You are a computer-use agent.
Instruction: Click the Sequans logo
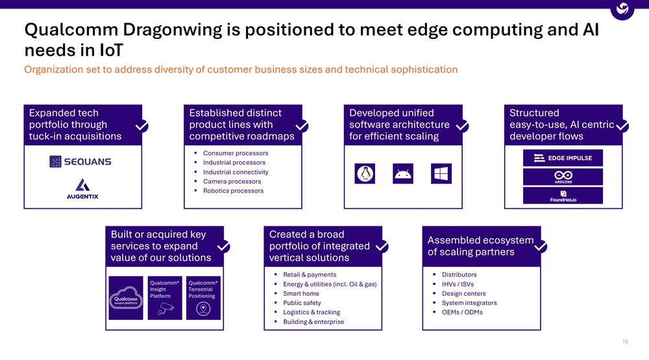click(80, 162)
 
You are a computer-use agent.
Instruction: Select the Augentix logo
click(82, 189)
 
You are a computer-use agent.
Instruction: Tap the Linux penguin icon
click(365, 173)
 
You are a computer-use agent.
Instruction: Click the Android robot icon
click(403, 173)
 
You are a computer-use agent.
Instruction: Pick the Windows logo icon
click(441, 173)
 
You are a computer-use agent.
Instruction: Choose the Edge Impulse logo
click(563, 158)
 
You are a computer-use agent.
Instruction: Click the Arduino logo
click(563, 176)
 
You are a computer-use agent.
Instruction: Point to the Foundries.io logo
click(563, 196)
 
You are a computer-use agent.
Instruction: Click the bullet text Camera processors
click(232, 182)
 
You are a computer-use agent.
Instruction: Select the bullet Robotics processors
click(233, 191)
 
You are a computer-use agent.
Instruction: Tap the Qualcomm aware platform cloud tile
click(127, 298)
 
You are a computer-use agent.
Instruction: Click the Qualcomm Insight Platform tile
click(165, 298)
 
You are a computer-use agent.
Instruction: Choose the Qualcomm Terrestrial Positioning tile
click(203, 298)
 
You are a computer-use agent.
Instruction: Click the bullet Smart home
click(301, 293)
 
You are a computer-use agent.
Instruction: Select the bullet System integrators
click(469, 303)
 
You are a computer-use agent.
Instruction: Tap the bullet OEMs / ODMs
click(461, 312)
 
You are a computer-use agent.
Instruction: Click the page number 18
click(626, 342)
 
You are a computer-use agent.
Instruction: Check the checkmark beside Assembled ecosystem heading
click(540, 246)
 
